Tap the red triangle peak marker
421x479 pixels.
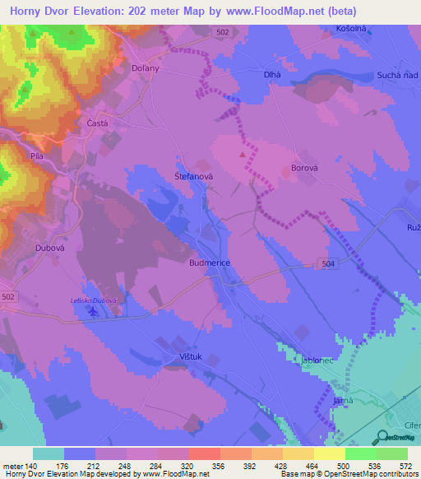pos(242,154)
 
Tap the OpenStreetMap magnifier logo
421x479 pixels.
pos(382,437)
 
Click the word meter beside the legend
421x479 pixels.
pos(12,466)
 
